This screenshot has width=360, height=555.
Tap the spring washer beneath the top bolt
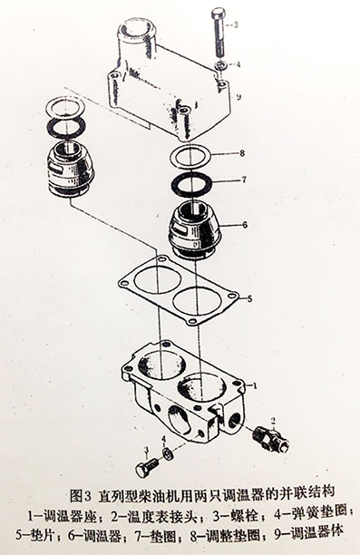[220, 66]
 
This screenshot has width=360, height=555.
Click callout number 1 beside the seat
[256, 385]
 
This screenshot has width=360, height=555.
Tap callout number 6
[244, 224]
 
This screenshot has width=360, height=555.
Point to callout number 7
[242, 180]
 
